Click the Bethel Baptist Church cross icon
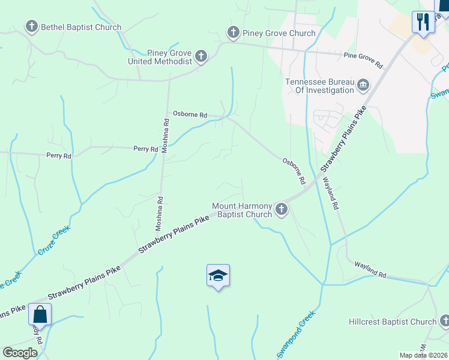coord(31,26)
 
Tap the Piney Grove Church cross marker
coord(233,32)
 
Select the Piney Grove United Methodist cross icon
coord(200,57)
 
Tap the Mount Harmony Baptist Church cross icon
coord(281,209)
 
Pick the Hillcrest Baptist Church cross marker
coord(444,322)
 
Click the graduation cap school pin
coord(218,275)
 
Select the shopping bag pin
coord(40,314)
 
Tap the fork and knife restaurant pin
coord(423,22)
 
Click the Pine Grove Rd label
coord(363,56)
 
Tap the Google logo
coord(20,353)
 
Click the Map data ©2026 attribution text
coord(423,355)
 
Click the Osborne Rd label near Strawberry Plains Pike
coord(294,171)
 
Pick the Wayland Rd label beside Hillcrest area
coord(370,269)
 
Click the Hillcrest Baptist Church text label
coord(393,322)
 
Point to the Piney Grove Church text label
coord(279,33)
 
